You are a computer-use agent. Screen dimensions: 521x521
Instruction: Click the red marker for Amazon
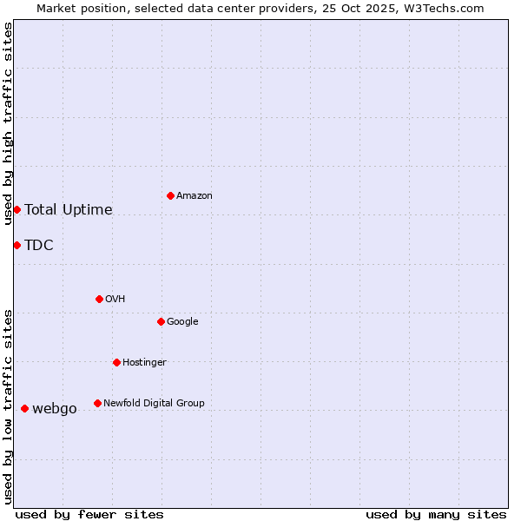point(170,195)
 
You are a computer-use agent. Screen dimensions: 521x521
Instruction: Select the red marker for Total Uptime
point(16,209)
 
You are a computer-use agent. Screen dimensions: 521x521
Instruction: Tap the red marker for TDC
point(16,245)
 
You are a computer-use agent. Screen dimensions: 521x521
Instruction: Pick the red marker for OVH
point(99,299)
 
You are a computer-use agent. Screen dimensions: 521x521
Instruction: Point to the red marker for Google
point(161,321)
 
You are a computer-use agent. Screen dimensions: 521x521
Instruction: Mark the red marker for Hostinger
point(116,362)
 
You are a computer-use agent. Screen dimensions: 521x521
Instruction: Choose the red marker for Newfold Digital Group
point(97,403)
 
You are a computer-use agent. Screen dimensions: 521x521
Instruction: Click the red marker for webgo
point(24,408)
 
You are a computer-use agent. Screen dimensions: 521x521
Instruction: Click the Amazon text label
point(195,195)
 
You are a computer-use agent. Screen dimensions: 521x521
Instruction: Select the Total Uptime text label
point(69,209)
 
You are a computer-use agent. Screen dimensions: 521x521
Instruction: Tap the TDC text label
point(39,245)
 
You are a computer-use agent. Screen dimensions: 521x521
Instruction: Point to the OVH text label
point(115,299)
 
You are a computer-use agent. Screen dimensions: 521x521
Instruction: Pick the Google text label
point(182,321)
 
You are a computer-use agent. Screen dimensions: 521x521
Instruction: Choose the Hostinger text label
point(144,362)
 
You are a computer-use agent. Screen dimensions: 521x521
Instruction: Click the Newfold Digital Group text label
point(154,403)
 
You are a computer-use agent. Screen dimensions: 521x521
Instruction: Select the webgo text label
point(55,408)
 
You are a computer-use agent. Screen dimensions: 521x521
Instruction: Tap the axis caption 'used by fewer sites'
point(89,514)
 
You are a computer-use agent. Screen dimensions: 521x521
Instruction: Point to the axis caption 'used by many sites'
point(436,514)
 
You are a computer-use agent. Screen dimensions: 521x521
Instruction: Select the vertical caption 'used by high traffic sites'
point(8,123)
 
